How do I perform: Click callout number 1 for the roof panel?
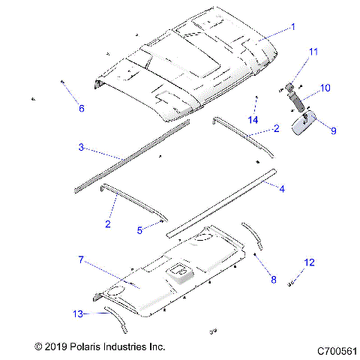click(x=292, y=26)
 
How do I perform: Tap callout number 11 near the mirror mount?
click(x=313, y=51)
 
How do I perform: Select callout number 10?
click(x=325, y=88)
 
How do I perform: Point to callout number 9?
click(x=333, y=130)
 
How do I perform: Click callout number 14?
click(x=253, y=119)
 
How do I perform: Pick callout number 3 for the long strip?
click(x=81, y=147)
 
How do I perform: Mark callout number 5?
click(x=139, y=230)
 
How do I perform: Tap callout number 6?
click(x=82, y=108)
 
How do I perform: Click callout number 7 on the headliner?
click(x=80, y=259)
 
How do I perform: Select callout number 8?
click(x=273, y=280)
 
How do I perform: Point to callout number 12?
click(x=309, y=262)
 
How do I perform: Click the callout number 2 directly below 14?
click(x=276, y=130)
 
